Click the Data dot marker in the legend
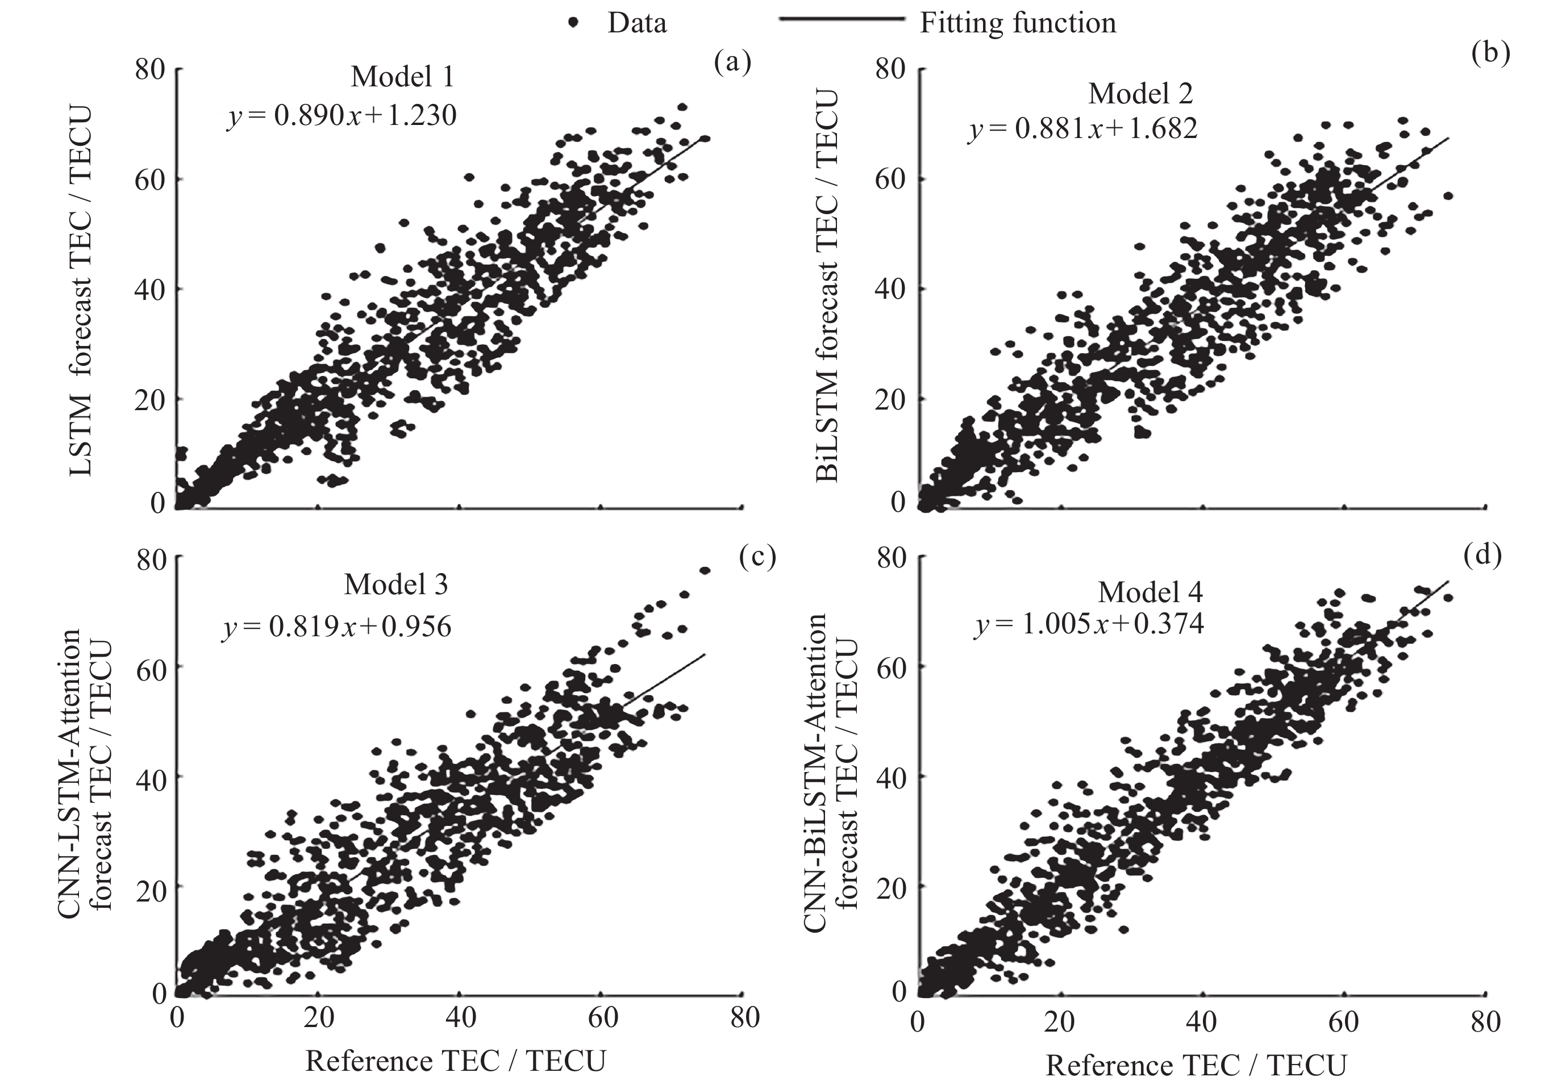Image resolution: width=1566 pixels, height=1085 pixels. tap(574, 22)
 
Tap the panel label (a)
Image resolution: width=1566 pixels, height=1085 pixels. tap(732, 62)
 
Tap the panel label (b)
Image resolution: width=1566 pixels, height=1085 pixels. tap(1490, 52)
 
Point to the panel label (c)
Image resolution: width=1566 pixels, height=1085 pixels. tap(757, 556)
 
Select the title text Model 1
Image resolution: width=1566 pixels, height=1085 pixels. tap(402, 77)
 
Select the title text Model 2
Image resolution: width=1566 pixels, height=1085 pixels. tap(1140, 93)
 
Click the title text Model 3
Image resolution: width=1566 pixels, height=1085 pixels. tap(395, 585)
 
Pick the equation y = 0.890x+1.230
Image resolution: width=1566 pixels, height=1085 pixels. tap(341, 115)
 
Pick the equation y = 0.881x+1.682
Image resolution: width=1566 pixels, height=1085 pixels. tap(1082, 128)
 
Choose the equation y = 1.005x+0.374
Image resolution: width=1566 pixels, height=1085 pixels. tap(1089, 624)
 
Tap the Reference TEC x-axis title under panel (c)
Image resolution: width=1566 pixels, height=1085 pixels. tap(456, 1061)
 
